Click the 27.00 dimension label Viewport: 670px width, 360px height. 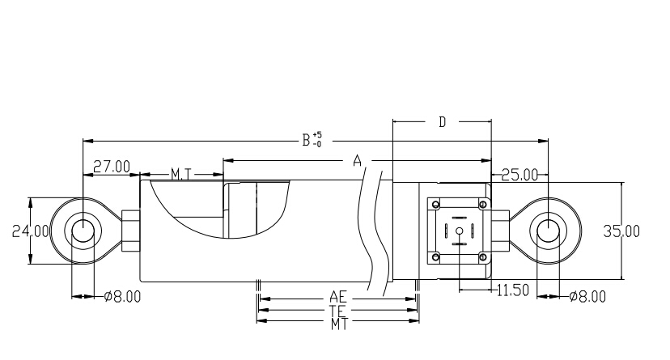(x=111, y=167)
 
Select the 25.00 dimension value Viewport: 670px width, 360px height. (x=519, y=174)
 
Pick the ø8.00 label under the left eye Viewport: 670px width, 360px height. (x=123, y=296)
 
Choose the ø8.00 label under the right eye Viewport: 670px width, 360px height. (x=587, y=296)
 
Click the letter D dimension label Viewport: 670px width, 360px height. (x=443, y=122)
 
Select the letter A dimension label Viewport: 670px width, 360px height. (x=356, y=162)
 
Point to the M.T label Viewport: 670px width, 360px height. (x=180, y=174)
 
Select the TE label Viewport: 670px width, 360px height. (x=338, y=310)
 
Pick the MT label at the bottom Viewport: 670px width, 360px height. (x=338, y=322)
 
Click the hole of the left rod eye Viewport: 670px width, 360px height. (x=83, y=231)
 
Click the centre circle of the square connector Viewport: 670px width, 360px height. (x=459, y=231)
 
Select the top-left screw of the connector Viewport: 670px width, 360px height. (x=436, y=204)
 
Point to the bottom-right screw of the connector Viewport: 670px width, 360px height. (x=483, y=258)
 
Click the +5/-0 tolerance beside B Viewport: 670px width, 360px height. (x=317, y=139)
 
